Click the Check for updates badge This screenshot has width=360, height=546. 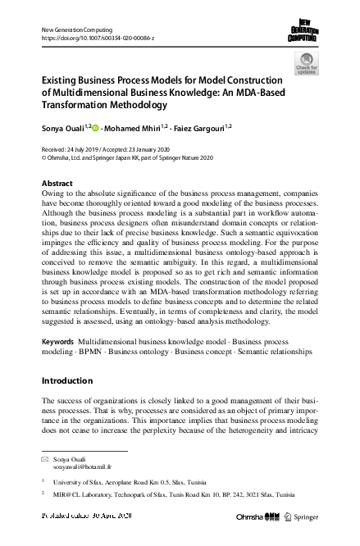coord(307,63)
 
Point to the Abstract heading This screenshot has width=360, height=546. coord(57,183)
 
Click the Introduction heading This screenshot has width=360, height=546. coord(70,380)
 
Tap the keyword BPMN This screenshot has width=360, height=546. coord(92,349)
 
